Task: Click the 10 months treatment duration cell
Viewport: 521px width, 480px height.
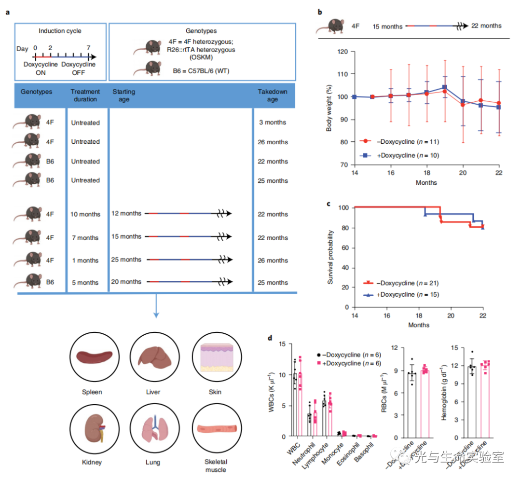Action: tap(84, 214)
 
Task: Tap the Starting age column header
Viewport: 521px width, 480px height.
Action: tap(123, 96)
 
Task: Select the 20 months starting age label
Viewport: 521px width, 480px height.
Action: tap(126, 282)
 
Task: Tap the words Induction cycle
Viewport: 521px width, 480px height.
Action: tap(60, 31)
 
